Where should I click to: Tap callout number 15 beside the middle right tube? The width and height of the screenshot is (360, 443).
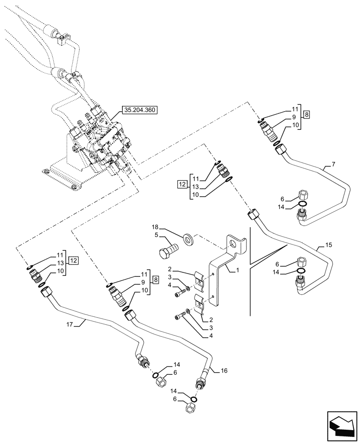[328, 245]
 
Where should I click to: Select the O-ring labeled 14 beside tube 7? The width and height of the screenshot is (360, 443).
[302, 205]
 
